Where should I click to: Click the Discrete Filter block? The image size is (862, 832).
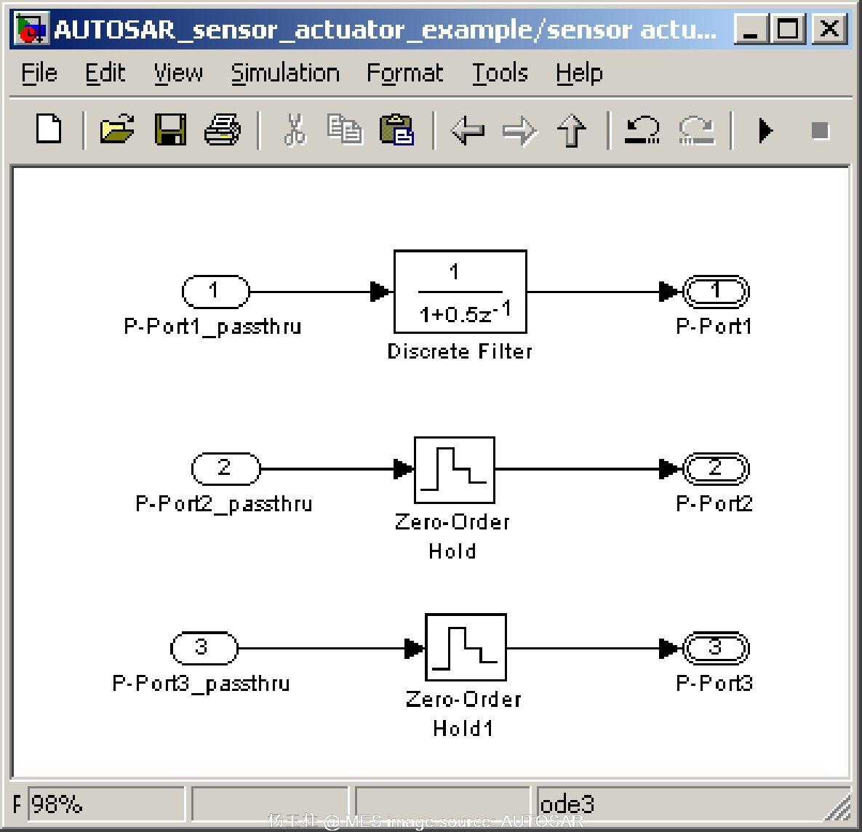[x=460, y=292]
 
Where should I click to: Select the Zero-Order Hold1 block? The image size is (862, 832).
[x=466, y=647]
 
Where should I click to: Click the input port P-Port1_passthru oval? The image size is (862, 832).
[x=215, y=292]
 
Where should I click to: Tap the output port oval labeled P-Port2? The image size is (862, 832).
[x=715, y=469]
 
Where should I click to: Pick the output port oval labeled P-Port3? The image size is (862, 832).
[x=715, y=647]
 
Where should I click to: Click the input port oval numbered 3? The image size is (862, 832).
[x=204, y=647]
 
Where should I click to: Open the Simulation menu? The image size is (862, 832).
[x=285, y=73]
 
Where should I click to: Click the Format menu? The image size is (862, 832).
[x=404, y=73]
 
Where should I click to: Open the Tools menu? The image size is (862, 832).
[x=500, y=73]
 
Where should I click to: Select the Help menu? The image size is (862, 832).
[x=579, y=73]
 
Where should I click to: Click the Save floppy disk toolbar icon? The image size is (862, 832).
[x=170, y=131]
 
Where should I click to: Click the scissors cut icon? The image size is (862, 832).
[x=294, y=131]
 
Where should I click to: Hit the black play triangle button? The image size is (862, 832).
[x=765, y=131]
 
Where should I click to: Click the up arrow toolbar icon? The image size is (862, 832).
[x=572, y=131]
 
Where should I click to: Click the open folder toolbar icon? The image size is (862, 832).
[x=116, y=131]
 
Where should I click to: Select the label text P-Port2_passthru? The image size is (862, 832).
[x=224, y=504]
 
